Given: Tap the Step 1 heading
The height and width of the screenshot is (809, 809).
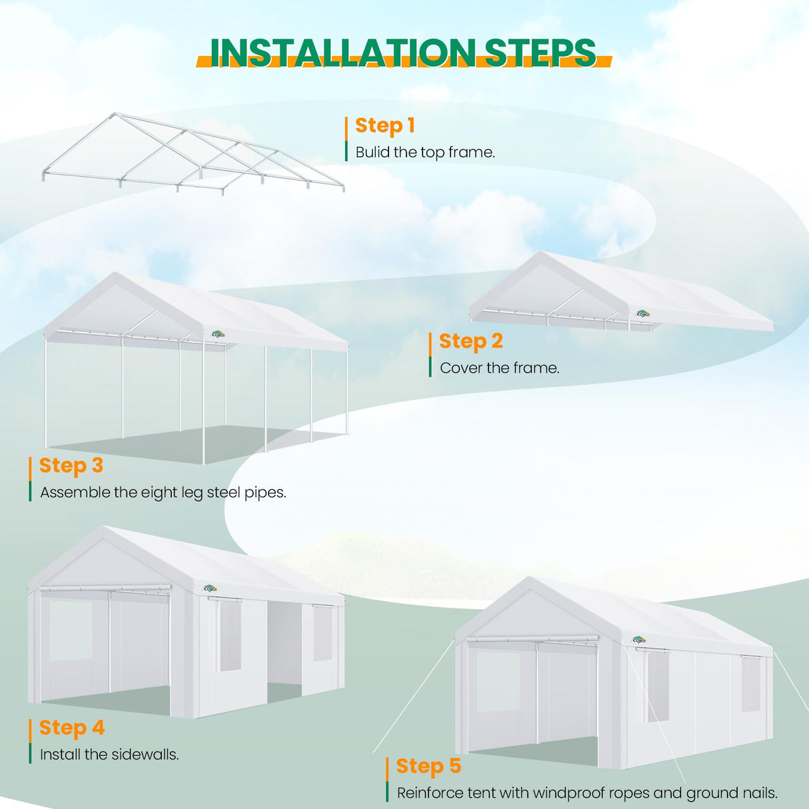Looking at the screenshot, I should click(385, 125).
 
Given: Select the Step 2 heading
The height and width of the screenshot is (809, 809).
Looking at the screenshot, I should click(470, 341).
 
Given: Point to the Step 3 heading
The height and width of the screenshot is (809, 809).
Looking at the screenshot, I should click(71, 465).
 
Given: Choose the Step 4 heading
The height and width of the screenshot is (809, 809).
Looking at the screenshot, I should click(72, 728).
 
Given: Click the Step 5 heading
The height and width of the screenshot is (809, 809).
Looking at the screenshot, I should click(428, 766).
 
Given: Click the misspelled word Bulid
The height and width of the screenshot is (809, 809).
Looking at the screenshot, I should click(373, 153).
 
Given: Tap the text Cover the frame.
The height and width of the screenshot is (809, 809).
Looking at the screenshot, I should click(499, 368).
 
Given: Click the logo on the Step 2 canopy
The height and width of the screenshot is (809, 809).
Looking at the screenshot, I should click(642, 314).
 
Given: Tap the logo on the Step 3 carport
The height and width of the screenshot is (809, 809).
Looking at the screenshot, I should click(218, 335).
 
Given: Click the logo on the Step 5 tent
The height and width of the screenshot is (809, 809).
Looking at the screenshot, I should click(639, 640).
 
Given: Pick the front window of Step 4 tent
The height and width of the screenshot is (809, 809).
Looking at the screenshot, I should click(71, 630).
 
